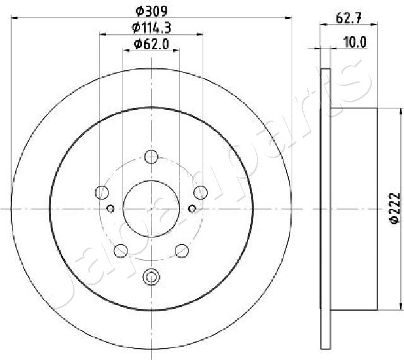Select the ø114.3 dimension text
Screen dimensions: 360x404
point(151,27)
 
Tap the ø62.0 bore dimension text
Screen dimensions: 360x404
point(151,44)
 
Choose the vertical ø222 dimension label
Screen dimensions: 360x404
point(393,207)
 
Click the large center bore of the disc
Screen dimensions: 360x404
point(151,208)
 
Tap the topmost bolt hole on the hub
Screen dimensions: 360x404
point(151,157)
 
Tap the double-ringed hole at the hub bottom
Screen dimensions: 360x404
point(151,276)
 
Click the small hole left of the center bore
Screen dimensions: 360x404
point(110,208)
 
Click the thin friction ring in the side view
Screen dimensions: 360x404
point(326,208)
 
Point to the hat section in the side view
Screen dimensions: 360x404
point(353,208)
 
